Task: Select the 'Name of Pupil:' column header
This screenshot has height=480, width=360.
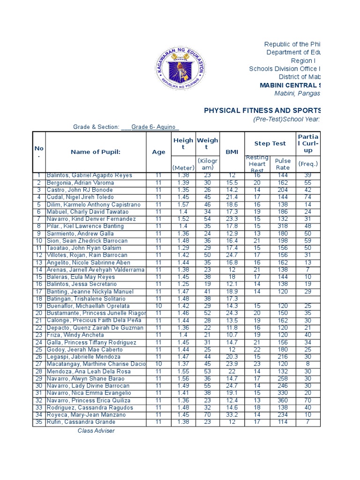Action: (96, 151)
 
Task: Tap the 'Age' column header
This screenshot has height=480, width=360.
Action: (158, 152)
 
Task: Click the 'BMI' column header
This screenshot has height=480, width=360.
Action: (232, 152)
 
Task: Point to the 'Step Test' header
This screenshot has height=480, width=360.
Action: (270, 143)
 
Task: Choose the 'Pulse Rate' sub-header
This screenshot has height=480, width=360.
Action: (283, 164)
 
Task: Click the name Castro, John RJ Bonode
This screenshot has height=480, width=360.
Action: (80, 190)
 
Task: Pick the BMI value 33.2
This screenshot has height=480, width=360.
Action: (232, 415)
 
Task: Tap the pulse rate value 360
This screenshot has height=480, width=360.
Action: (283, 401)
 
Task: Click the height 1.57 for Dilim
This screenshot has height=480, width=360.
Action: (183, 205)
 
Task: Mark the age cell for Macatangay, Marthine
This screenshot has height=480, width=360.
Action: (158, 364)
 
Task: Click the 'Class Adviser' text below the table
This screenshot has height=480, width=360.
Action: (96, 431)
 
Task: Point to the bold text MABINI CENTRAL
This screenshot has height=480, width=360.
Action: (291, 85)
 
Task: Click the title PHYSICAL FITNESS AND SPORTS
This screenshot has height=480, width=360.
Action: (262, 111)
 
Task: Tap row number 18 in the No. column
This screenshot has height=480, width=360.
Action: (39, 299)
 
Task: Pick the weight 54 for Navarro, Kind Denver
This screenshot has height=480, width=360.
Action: (207, 219)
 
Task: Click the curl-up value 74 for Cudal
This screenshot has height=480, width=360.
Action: (307, 198)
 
